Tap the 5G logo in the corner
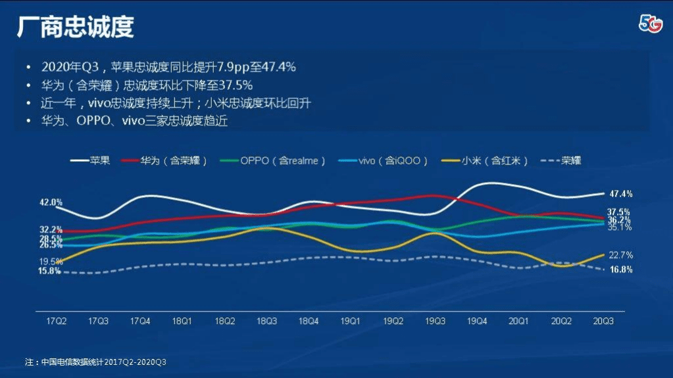pyautogui.click(x=650, y=23)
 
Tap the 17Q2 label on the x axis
pyautogui.click(x=57, y=321)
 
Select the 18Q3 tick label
pyautogui.click(x=266, y=321)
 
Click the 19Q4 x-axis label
pyautogui.click(x=477, y=321)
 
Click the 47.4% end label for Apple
pyautogui.click(x=620, y=194)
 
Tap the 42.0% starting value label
pyautogui.click(x=51, y=202)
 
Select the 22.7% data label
pyautogui.click(x=620, y=255)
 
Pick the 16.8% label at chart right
pyautogui.click(x=620, y=270)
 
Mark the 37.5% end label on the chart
pyautogui.click(x=619, y=212)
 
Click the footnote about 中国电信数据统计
pyautogui.click(x=100, y=362)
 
